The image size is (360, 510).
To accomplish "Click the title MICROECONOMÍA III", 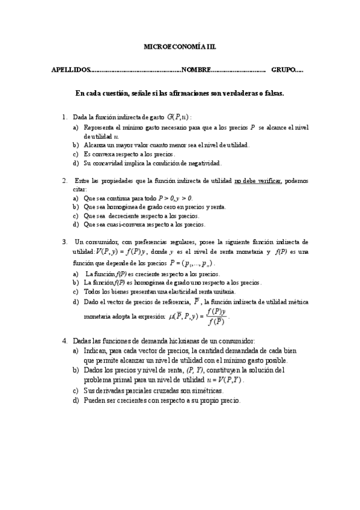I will (180, 46).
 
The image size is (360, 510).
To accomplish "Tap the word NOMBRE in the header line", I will (195, 70).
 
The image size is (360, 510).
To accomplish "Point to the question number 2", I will (64, 180).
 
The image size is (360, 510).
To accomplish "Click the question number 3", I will (64, 241).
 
